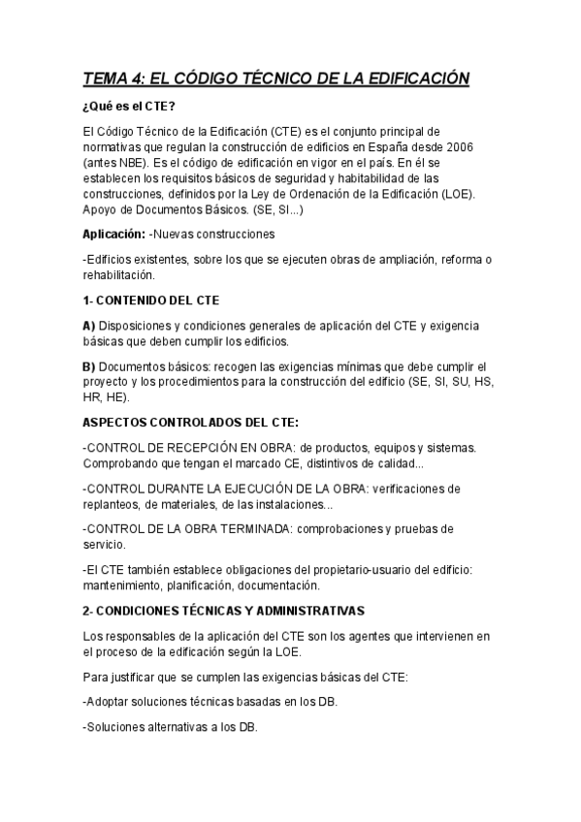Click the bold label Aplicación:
114,234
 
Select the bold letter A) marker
89,326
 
